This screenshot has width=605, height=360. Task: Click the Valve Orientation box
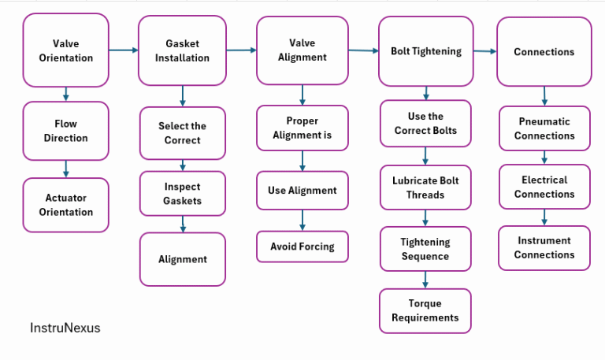(66, 50)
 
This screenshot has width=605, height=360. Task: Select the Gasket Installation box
(182, 51)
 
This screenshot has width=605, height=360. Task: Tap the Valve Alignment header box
(302, 51)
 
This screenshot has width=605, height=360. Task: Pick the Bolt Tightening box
(425, 51)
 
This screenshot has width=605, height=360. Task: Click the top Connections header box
(544, 52)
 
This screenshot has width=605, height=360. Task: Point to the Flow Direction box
(66, 131)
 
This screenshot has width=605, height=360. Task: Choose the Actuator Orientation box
(66, 205)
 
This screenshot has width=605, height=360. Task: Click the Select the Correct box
(182, 133)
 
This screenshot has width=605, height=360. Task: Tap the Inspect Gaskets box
(182, 194)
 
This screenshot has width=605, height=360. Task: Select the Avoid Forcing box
(302, 247)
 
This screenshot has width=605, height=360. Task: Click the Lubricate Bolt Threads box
(425, 187)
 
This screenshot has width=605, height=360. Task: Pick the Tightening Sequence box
(425, 249)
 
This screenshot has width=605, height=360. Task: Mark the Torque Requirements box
(425, 310)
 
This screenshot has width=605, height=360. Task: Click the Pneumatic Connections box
(544, 128)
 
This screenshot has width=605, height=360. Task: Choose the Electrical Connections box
(544, 187)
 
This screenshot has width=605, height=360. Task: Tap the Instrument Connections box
(544, 247)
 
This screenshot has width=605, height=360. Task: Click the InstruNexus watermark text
(65, 327)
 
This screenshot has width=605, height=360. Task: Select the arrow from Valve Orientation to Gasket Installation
(123, 50)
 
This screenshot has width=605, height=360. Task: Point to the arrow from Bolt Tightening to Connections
(484, 52)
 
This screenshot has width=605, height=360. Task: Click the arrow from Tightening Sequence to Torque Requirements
(425, 280)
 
